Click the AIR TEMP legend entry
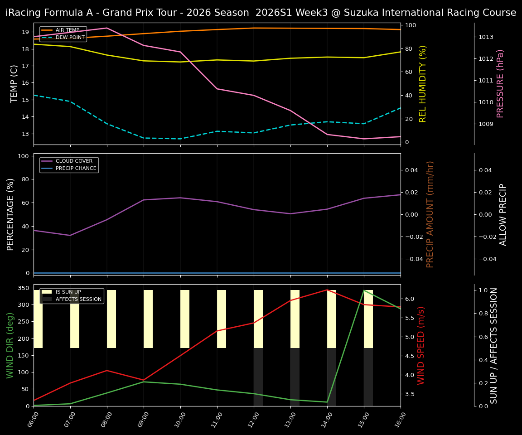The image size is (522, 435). [67, 30]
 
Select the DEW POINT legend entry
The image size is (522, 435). [70, 37]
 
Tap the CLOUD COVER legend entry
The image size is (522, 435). [74, 161]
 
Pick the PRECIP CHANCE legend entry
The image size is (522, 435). [76, 169]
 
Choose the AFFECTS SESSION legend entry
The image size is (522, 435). [78, 299]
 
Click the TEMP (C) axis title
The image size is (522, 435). [14, 83]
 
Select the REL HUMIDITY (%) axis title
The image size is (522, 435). [423, 83]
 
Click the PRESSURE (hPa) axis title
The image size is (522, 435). [500, 83]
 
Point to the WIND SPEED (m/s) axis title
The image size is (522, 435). [421, 345]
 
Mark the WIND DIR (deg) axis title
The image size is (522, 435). [10, 345]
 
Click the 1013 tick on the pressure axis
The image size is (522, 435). [486, 37]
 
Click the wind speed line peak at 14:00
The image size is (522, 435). [327, 290]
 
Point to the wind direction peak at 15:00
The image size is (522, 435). [364, 290]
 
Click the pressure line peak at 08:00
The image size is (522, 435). [107, 28]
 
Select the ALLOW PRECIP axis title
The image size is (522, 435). [503, 214]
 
